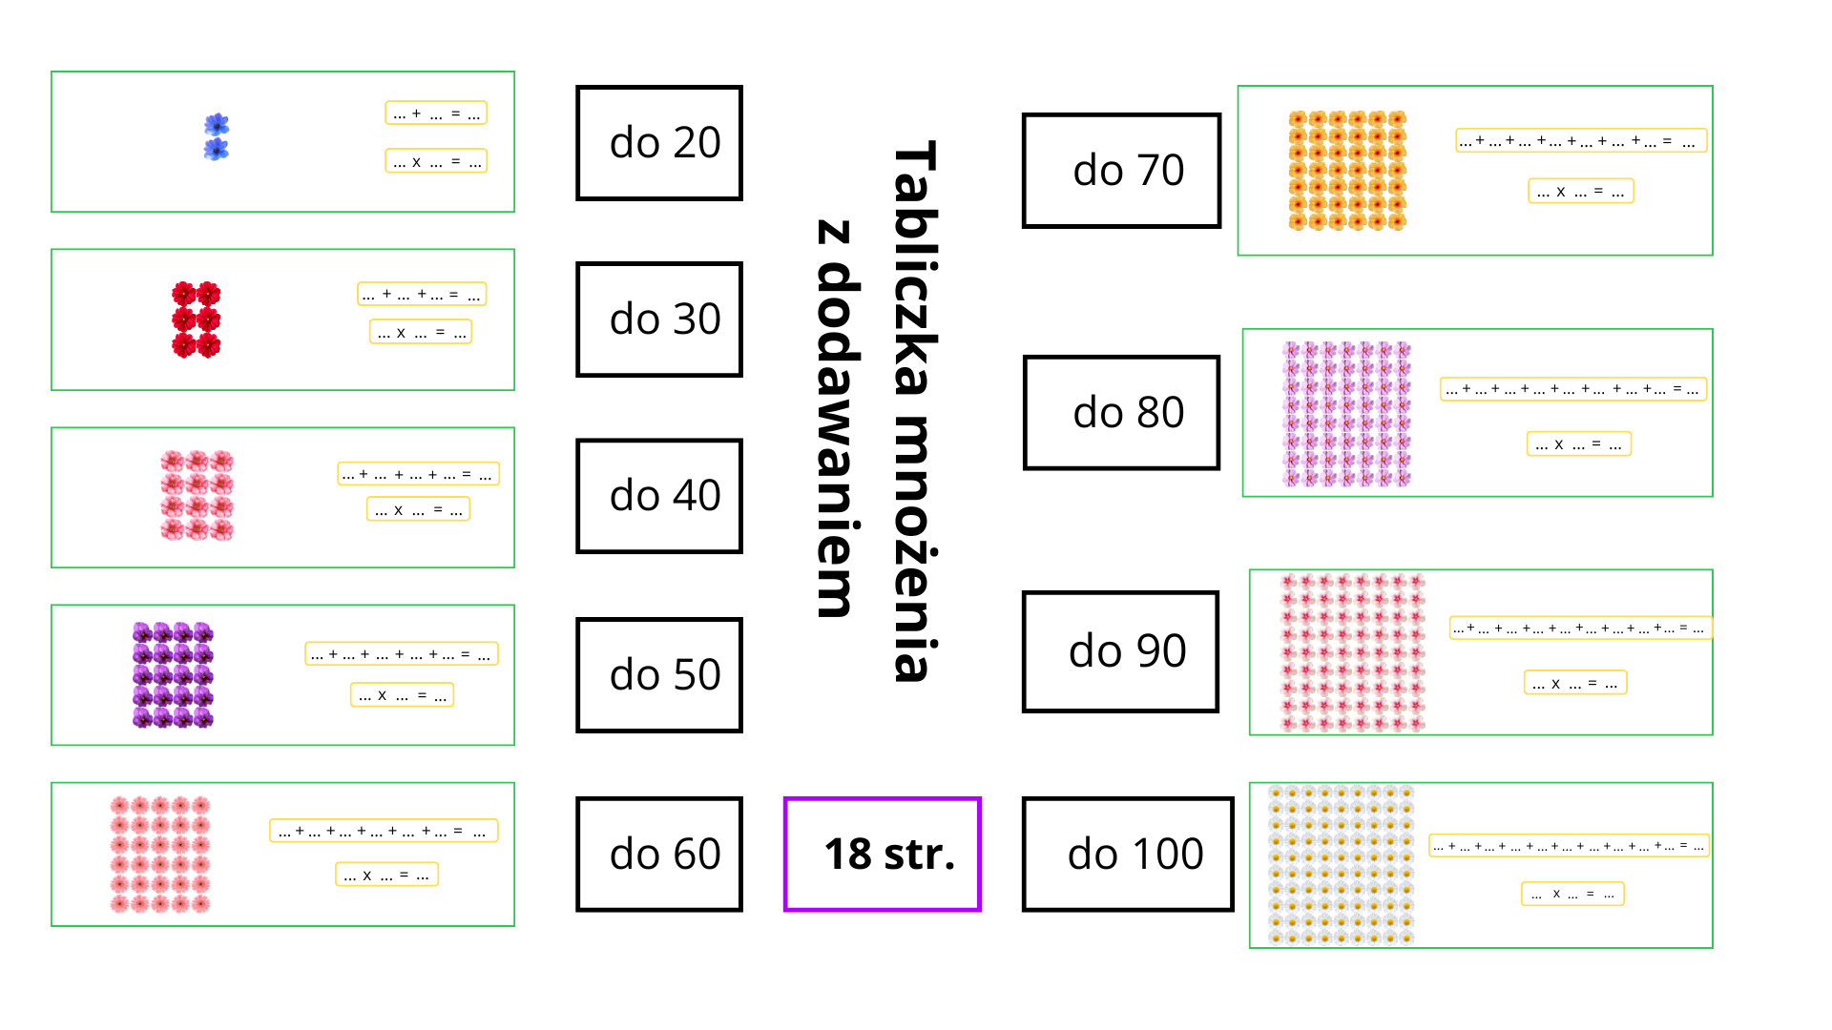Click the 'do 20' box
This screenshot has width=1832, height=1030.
(659, 143)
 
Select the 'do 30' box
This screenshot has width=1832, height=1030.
(659, 319)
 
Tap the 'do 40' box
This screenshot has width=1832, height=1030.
(659, 496)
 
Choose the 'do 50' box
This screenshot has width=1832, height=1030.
(659, 675)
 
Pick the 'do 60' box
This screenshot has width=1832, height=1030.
(659, 855)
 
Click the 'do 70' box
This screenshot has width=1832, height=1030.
(1121, 171)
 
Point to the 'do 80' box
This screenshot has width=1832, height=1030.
(1121, 413)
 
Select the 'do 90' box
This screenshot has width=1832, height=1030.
(1120, 651)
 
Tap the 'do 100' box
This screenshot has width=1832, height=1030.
(1128, 855)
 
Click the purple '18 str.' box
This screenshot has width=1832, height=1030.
(883, 855)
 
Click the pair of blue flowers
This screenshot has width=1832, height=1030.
(217, 137)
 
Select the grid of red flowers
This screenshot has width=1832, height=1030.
(196, 319)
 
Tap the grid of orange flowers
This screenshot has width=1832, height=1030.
(1347, 171)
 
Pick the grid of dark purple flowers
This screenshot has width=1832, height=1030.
(173, 675)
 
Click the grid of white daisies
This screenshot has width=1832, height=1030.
(1341, 865)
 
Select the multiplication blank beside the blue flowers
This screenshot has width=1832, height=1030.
(436, 161)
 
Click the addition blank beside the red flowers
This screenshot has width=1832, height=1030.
(422, 294)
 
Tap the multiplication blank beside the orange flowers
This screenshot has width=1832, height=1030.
(1580, 192)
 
